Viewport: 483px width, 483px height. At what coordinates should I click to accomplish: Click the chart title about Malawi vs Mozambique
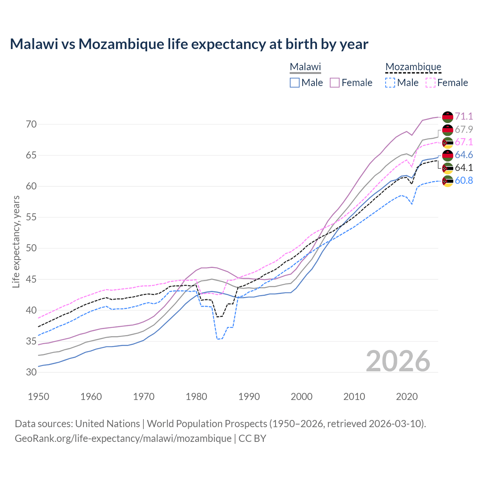pyautogui.click(x=189, y=44)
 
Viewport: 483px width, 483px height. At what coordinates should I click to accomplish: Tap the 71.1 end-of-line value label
pyautogui.click(x=464, y=116)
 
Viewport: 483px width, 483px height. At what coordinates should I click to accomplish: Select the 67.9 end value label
pyautogui.click(x=464, y=129)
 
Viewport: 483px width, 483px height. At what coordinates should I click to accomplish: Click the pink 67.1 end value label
pyautogui.click(x=464, y=142)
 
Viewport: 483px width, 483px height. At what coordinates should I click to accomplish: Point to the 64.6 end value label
pyautogui.click(x=464, y=155)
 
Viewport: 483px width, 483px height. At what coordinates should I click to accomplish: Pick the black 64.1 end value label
pyautogui.click(x=464, y=168)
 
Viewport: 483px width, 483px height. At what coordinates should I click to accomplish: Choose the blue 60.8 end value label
pyautogui.click(x=464, y=180)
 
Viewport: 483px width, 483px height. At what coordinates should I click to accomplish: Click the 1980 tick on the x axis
pyautogui.click(x=197, y=397)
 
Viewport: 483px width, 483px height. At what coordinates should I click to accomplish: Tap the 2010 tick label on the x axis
pyautogui.click(x=354, y=397)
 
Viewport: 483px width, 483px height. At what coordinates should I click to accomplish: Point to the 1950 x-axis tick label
pyautogui.click(x=39, y=397)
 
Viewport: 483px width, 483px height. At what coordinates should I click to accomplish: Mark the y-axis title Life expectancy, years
pyautogui.click(x=16, y=241)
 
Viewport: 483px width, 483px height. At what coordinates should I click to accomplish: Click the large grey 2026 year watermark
pyautogui.click(x=398, y=361)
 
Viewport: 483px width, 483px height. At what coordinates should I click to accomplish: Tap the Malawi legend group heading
pyautogui.click(x=305, y=67)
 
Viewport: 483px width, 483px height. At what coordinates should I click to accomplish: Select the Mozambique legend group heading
pyautogui.click(x=413, y=67)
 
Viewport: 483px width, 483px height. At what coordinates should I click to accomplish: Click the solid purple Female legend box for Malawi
pyautogui.click(x=335, y=83)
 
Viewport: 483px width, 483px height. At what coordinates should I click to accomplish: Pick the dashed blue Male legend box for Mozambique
pyautogui.click(x=390, y=83)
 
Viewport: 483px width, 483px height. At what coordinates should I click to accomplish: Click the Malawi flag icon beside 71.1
pyautogui.click(x=448, y=117)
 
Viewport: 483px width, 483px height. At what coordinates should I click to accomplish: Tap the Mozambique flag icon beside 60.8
pyautogui.click(x=448, y=181)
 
